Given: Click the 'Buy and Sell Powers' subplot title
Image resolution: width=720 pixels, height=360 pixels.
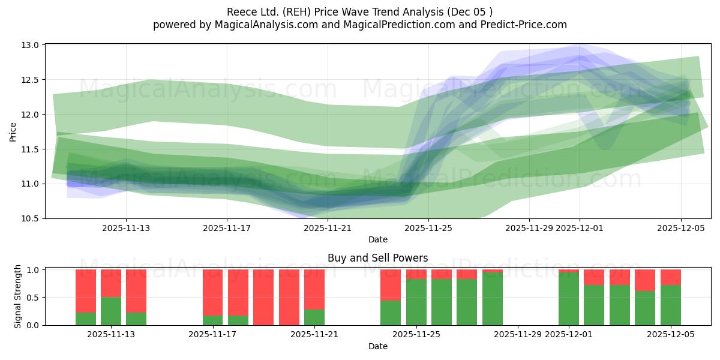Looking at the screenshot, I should pyautogui.click(x=377, y=258).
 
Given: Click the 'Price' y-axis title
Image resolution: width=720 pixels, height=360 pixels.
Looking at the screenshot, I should pyautogui.click(x=13, y=131).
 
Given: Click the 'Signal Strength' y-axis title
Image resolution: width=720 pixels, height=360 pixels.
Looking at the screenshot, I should pyautogui.click(x=18, y=296).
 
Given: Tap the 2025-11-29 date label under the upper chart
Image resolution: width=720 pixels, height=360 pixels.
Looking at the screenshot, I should pyautogui.click(x=529, y=228).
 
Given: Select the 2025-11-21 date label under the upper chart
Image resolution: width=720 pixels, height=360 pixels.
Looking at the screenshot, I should pyautogui.click(x=328, y=228).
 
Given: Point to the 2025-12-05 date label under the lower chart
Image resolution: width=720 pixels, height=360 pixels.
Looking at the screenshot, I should pyautogui.click(x=671, y=335).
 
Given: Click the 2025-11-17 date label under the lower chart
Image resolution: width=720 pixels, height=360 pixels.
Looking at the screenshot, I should pyautogui.click(x=212, y=335).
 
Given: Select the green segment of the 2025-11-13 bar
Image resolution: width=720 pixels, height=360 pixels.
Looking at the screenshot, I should pyautogui.click(x=111, y=311).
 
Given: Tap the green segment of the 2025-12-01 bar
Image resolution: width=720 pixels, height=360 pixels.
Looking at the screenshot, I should pyautogui.click(x=568, y=299).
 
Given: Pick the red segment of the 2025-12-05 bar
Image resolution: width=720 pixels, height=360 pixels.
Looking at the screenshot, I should pyautogui.click(x=671, y=277).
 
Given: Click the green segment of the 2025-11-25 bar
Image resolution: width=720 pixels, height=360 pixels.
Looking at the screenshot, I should pyautogui.click(x=416, y=302).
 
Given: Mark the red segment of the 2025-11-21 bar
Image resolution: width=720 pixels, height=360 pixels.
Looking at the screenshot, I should pyautogui.click(x=314, y=289).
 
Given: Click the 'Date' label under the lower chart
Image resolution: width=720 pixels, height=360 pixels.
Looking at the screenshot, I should pyautogui.click(x=377, y=346).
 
